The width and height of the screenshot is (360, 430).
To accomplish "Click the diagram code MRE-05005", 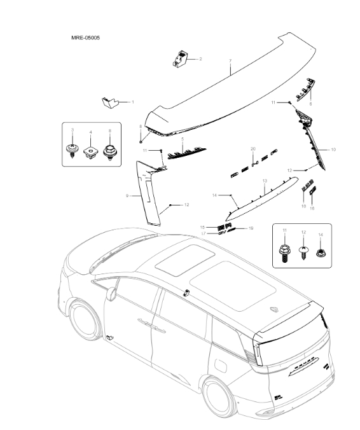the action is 85,38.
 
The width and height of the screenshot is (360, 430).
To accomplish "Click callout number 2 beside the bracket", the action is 200,59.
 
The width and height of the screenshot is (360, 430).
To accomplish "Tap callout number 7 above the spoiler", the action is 230,61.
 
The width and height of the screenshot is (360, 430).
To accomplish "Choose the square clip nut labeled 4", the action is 90,152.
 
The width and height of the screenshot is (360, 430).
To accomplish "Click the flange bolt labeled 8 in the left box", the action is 110,153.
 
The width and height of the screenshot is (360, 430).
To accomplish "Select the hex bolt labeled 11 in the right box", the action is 284,253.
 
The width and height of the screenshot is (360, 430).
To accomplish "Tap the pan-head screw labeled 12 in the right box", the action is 303,253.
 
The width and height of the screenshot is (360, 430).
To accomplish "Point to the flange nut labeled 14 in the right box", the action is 320,253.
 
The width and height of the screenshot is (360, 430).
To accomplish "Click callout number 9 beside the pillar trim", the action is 127,195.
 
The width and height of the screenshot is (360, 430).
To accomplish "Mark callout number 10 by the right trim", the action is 333,149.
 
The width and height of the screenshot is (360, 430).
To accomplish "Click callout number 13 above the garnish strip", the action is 265,181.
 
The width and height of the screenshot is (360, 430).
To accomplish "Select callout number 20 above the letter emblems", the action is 253,149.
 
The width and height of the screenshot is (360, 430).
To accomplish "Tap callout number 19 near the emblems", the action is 251,228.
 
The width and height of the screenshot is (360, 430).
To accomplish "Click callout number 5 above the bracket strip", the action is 183,139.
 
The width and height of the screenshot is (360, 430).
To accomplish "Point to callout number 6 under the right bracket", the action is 310,104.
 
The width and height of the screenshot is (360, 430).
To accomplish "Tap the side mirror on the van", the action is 112,294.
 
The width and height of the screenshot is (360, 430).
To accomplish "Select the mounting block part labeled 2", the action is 180,59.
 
